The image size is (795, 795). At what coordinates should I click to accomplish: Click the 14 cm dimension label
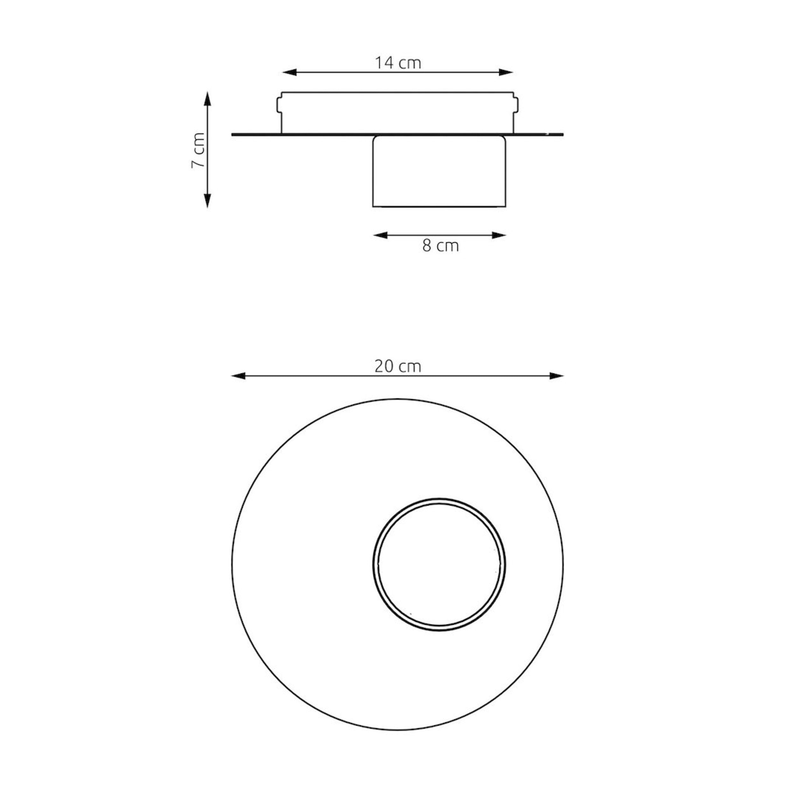397,63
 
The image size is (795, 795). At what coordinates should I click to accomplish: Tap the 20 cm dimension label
397,366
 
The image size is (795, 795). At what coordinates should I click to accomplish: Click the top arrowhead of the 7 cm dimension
207,99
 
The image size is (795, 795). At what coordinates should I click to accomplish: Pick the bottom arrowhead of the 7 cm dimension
207,201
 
